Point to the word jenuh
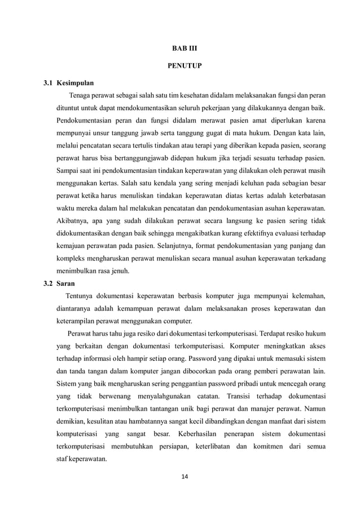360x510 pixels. coord(118,270)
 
